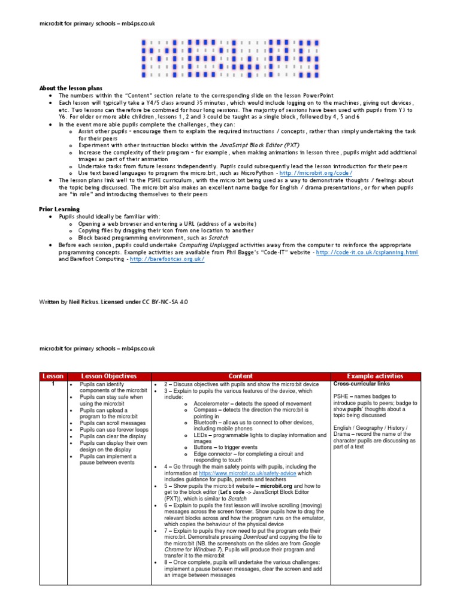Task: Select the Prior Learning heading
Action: pos(59,209)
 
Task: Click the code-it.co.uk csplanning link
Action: pos(367,253)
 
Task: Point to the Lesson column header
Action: pos(53,376)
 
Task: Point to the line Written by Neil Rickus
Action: pos(113,302)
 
